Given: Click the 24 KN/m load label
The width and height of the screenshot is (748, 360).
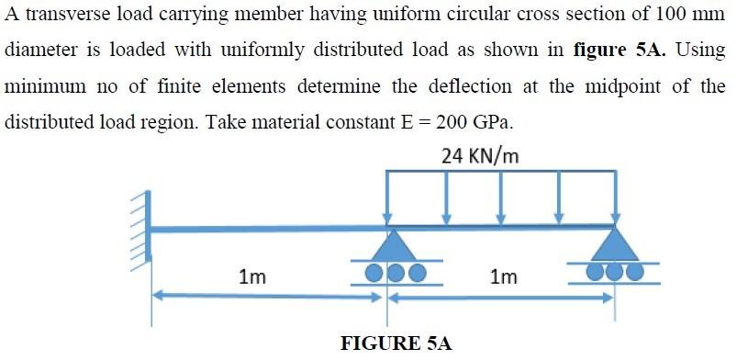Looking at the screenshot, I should pyautogui.click(x=479, y=155).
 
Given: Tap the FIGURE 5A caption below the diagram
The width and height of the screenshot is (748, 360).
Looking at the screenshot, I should pyautogui.click(x=396, y=343).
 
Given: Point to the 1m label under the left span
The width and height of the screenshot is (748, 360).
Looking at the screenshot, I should pyautogui.click(x=252, y=275).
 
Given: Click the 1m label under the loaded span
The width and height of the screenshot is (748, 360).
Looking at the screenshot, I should pyautogui.click(x=503, y=276).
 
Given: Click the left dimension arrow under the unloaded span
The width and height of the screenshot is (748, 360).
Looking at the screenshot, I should pyautogui.click(x=266, y=297).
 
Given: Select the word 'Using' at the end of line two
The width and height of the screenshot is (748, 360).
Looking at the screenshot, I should pyautogui.click(x=703, y=51).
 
